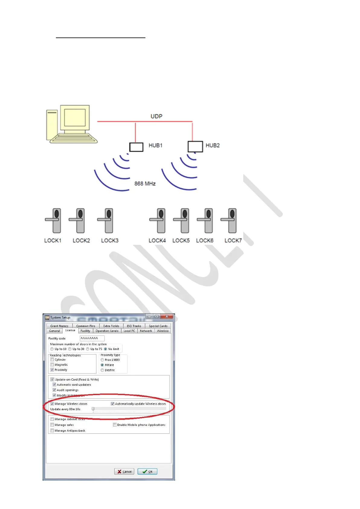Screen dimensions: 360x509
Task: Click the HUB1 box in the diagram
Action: click(136, 147)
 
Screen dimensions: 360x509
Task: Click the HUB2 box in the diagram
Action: click(195, 147)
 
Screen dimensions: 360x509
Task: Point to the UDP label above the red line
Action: click(156, 116)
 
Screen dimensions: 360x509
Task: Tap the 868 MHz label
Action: click(145, 183)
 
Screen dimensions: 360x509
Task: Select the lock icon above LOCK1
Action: click(54, 221)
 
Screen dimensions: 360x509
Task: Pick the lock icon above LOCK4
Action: click(158, 221)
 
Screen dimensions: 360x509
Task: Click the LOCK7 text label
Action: click(233, 241)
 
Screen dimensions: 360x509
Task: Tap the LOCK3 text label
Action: click(110, 241)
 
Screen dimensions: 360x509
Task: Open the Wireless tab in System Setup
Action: click(163, 331)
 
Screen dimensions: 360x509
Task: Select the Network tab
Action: click(146, 331)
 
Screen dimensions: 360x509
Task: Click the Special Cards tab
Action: click(158, 326)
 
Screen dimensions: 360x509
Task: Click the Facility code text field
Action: click(92, 338)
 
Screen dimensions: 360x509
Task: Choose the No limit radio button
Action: click(105, 349)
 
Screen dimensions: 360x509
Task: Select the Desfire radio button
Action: click(102, 370)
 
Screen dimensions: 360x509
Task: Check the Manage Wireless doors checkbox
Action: click(52, 404)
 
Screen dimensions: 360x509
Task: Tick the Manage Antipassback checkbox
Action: click(52, 431)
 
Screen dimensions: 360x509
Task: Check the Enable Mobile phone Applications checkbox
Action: click(115, 425)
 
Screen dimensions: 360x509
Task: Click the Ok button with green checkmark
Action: click(148, 472)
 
